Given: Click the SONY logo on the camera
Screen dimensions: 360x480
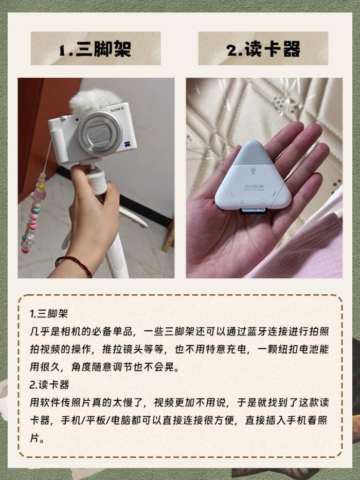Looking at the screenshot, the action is tap(118, 109).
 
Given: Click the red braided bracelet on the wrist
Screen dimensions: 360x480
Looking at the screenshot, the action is tap(74, 264).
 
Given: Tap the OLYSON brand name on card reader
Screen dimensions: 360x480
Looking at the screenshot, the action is tap(254, 186).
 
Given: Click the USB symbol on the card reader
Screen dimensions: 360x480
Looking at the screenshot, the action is tap(253, 170).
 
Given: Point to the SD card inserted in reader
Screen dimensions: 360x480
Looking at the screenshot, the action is tap(254, 210).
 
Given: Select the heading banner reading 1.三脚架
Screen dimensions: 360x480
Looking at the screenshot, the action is tap(96, 48).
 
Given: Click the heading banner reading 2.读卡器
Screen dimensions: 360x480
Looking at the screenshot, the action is tap(263, 48).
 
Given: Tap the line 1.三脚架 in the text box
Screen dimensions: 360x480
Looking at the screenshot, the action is tap(48, 314).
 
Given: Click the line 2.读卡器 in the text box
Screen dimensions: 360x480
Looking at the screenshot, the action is tap(49, 384).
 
